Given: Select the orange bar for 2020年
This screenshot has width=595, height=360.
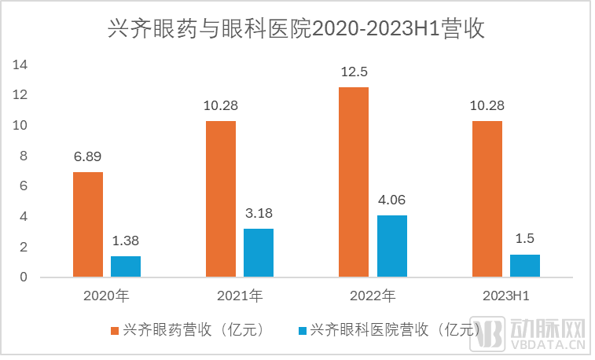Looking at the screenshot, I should tap(88, 224).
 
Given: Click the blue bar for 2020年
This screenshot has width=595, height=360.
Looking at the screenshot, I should tap(126, 266).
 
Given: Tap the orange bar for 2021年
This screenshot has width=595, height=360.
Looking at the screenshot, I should tap(221, 198).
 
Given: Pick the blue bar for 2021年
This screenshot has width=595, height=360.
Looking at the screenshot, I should tap(259, 252).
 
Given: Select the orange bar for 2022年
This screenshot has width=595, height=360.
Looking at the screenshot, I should tap(354, 182).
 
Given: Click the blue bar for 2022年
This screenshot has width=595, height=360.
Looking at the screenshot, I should tap(391, 246).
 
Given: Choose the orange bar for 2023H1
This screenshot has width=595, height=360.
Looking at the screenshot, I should tap(487, 198).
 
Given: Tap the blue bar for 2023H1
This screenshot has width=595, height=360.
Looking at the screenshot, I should tap(524, 266).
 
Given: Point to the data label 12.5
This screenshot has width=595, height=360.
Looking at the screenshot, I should tap(354, 72).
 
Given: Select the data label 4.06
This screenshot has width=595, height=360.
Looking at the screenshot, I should tap(391, 200).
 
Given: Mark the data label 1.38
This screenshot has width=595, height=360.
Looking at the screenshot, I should tap(126, 241).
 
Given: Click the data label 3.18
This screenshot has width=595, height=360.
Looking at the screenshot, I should tap(259, 213).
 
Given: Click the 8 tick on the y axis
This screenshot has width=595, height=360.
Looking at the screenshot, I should tap(23, 156).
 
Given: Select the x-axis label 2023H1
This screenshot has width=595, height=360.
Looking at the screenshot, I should tap(505, 296).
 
